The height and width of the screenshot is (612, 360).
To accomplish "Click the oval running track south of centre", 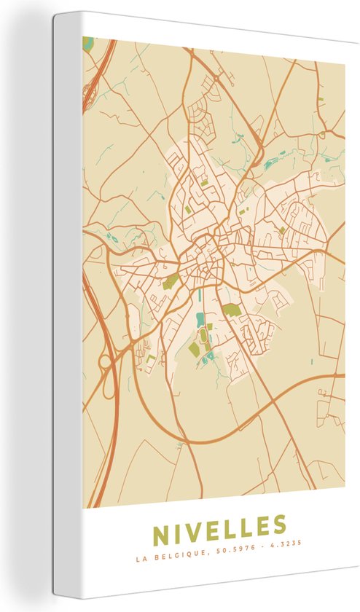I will [203, 335].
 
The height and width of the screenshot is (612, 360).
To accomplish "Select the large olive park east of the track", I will [232, 310].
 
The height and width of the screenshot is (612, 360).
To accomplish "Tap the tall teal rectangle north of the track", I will [200, 299].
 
